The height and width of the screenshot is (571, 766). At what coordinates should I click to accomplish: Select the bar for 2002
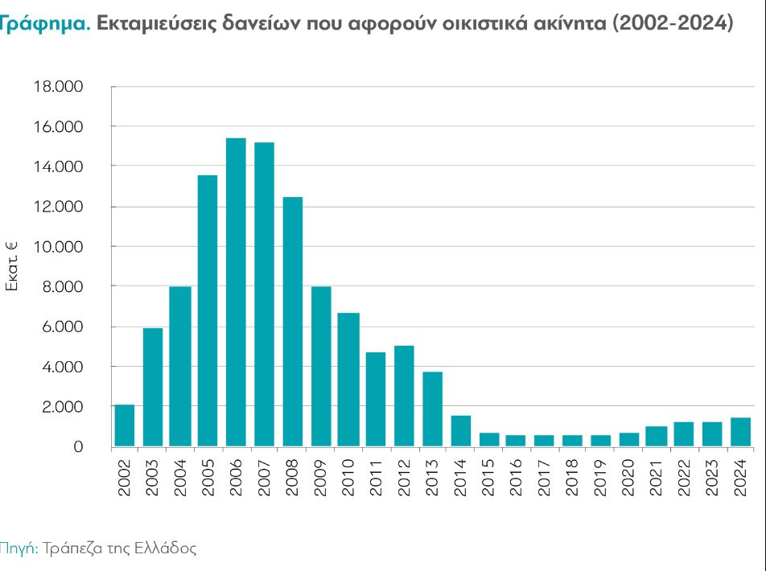[x=125, y=425]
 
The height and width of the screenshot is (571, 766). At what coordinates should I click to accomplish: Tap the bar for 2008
[x=292, y=322]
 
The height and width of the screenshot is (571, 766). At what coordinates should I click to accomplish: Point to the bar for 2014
[x=460, y=431]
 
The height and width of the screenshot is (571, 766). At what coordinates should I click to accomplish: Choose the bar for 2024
[x=740, y=432]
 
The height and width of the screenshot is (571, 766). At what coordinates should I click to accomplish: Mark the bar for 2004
[x=180, y=366]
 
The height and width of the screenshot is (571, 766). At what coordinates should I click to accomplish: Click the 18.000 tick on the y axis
[x=59, y=87]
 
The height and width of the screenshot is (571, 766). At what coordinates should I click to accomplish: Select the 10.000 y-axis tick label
[x=59, y=247]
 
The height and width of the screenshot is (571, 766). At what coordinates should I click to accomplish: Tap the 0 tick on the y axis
[x=78, y=447]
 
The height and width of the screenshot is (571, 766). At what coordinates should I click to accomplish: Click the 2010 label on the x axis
[x=348, y=476]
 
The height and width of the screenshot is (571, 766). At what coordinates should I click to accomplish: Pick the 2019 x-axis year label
[x=600, y=476]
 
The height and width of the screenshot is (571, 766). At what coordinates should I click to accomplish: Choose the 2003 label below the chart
[x=153, y=476]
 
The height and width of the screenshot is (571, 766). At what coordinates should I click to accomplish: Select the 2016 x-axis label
[x=517, y=476]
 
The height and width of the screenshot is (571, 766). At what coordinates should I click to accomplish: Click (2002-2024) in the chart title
[x=673, y=23]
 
